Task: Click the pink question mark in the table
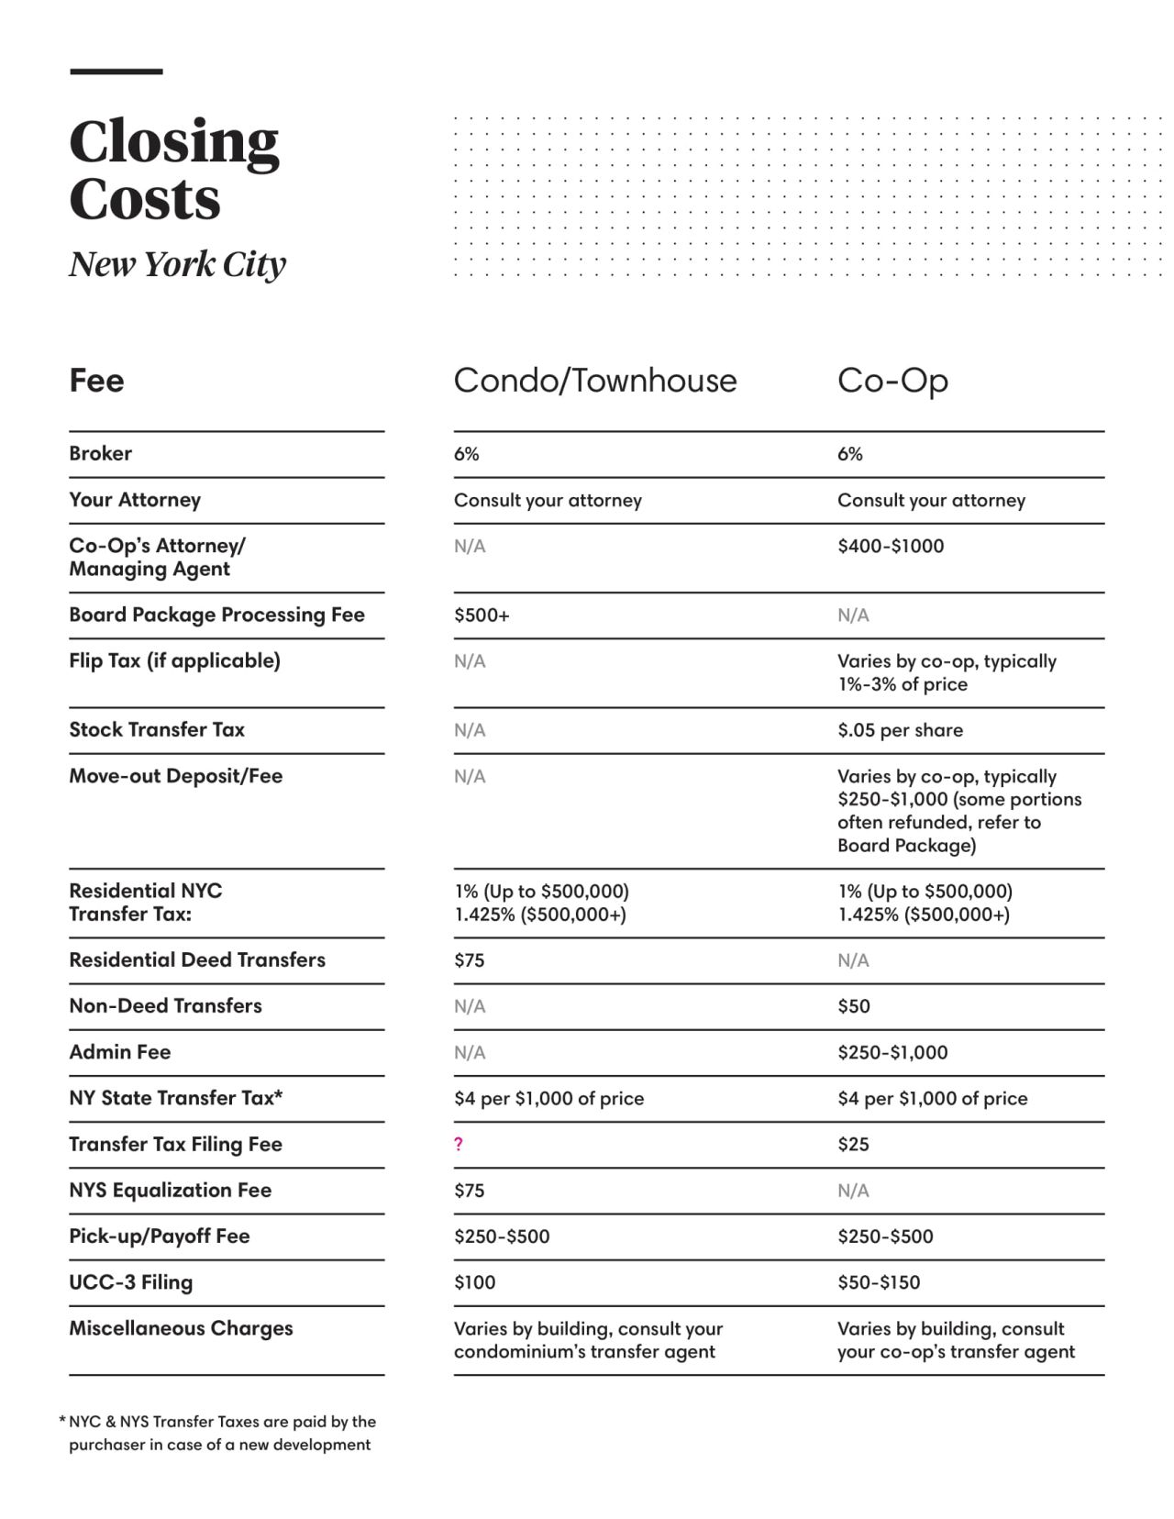(x=459, y=1144)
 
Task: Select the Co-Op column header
(x=892, y=381)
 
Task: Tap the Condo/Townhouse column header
(x=594, y=381)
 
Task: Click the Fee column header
(x=96, y=381)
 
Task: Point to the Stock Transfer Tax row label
(x=157, y=730)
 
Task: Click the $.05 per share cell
(x=900, y=730)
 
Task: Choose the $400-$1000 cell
(x=890, y=546)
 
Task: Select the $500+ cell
(x=482, y=615)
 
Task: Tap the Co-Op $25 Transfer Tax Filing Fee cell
(x=853, y=1144)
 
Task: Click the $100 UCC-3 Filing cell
(x=474, y=1282)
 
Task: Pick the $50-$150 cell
(x=879, y=1282)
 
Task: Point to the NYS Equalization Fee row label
(x=170, y=1191)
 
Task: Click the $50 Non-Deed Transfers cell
(x=853, y=1006)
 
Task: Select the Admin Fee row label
(x=120, y=1052)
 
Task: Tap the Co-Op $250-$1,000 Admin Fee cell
(x=892, y=1052)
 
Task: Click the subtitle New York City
(x=177, y=264)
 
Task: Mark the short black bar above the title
(x=116, y=72)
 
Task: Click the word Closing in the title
(x=174, y=142)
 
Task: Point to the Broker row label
(x=100, y=453)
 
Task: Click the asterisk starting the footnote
(x=62, y=1421)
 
